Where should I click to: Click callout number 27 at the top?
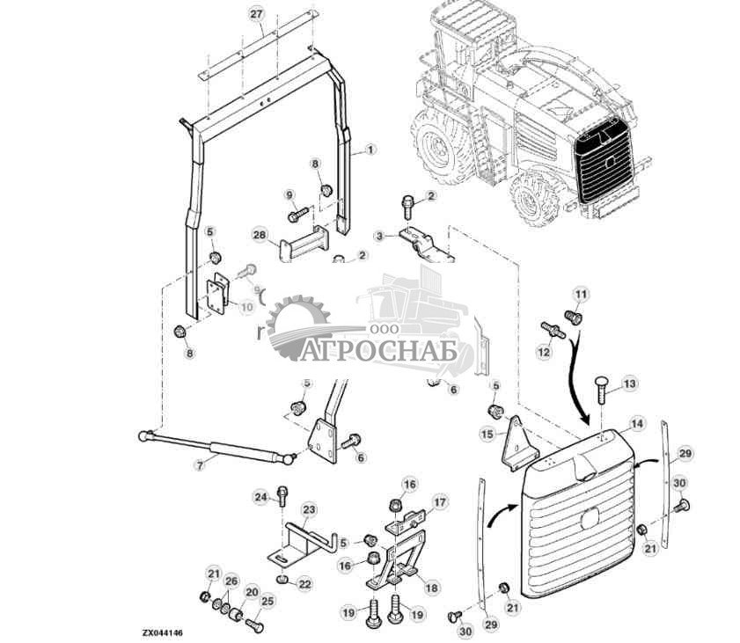pos(256,15)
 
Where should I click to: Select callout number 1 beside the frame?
pos(370,150)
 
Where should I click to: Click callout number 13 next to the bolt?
pos(629,384)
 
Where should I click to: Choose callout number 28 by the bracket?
pos(259,235)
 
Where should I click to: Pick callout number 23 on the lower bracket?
pos(309,509)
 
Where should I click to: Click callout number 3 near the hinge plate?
pos(379,236)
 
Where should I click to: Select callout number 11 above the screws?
pos(580,293)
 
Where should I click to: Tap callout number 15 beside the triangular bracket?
pos(487,434)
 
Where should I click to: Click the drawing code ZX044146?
pos(165,632)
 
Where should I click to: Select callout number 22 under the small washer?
pos(305,584)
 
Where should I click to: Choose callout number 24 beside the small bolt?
pos(260,498)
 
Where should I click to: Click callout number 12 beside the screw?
pos(544,352)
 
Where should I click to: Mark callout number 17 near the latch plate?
pos(440,502)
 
